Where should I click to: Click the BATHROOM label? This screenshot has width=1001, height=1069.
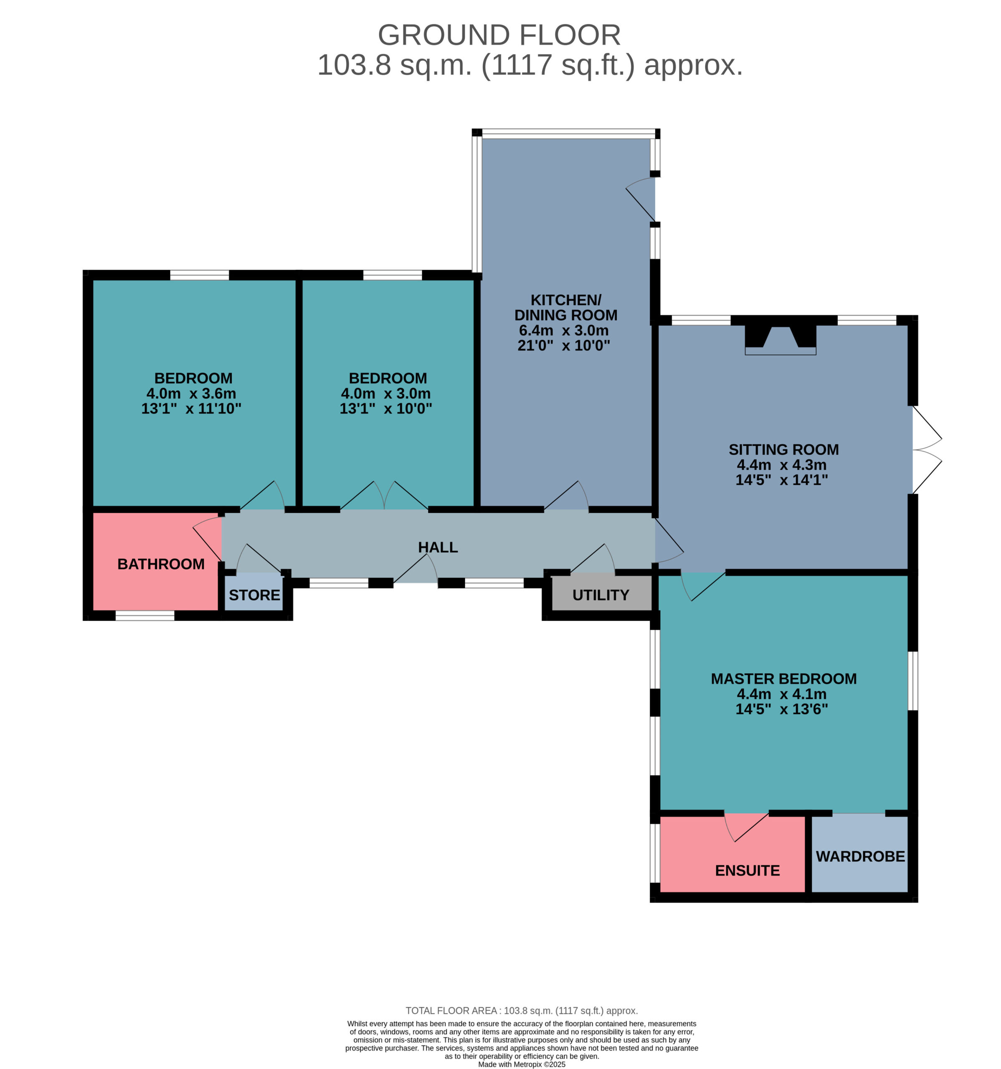(161, 564)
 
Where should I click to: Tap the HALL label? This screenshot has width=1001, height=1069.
(438, 547)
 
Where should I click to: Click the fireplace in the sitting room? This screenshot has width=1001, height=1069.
(780, 340)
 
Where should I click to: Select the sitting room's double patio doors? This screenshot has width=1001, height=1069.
(926, 450)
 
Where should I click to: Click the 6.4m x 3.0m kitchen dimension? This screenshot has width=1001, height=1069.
(563, 330)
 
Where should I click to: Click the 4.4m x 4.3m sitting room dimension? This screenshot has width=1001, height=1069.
(781, 465)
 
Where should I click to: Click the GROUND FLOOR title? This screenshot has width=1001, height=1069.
(499, 35)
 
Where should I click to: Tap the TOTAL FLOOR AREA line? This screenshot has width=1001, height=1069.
(521, 1011)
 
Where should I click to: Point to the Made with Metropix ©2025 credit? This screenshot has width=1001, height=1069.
(521, 1064)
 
